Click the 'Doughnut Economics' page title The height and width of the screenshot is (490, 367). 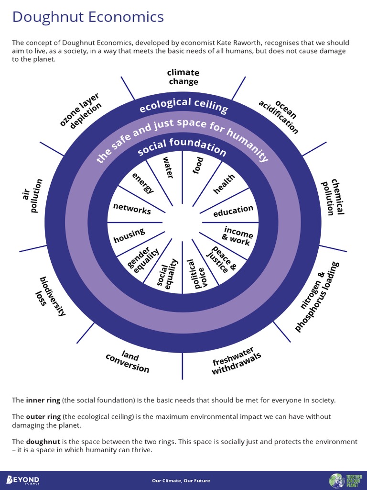coord(88,17)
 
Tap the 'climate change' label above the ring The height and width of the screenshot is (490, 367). coord(183,77)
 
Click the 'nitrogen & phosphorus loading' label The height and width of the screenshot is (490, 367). coord(316,297)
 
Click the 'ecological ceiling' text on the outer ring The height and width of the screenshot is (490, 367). coord(183,105)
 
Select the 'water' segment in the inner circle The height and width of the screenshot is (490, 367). coord(167,167)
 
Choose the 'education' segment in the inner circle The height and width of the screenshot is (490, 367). coord(233,211)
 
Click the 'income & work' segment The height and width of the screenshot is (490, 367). coord(237,236)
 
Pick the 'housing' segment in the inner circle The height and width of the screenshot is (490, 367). coord(129,235)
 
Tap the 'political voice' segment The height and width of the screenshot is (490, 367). coord(195,274)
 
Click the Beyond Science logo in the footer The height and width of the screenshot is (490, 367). coord(23,480)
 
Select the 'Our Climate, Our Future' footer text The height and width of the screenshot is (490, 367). coord(181,480)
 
